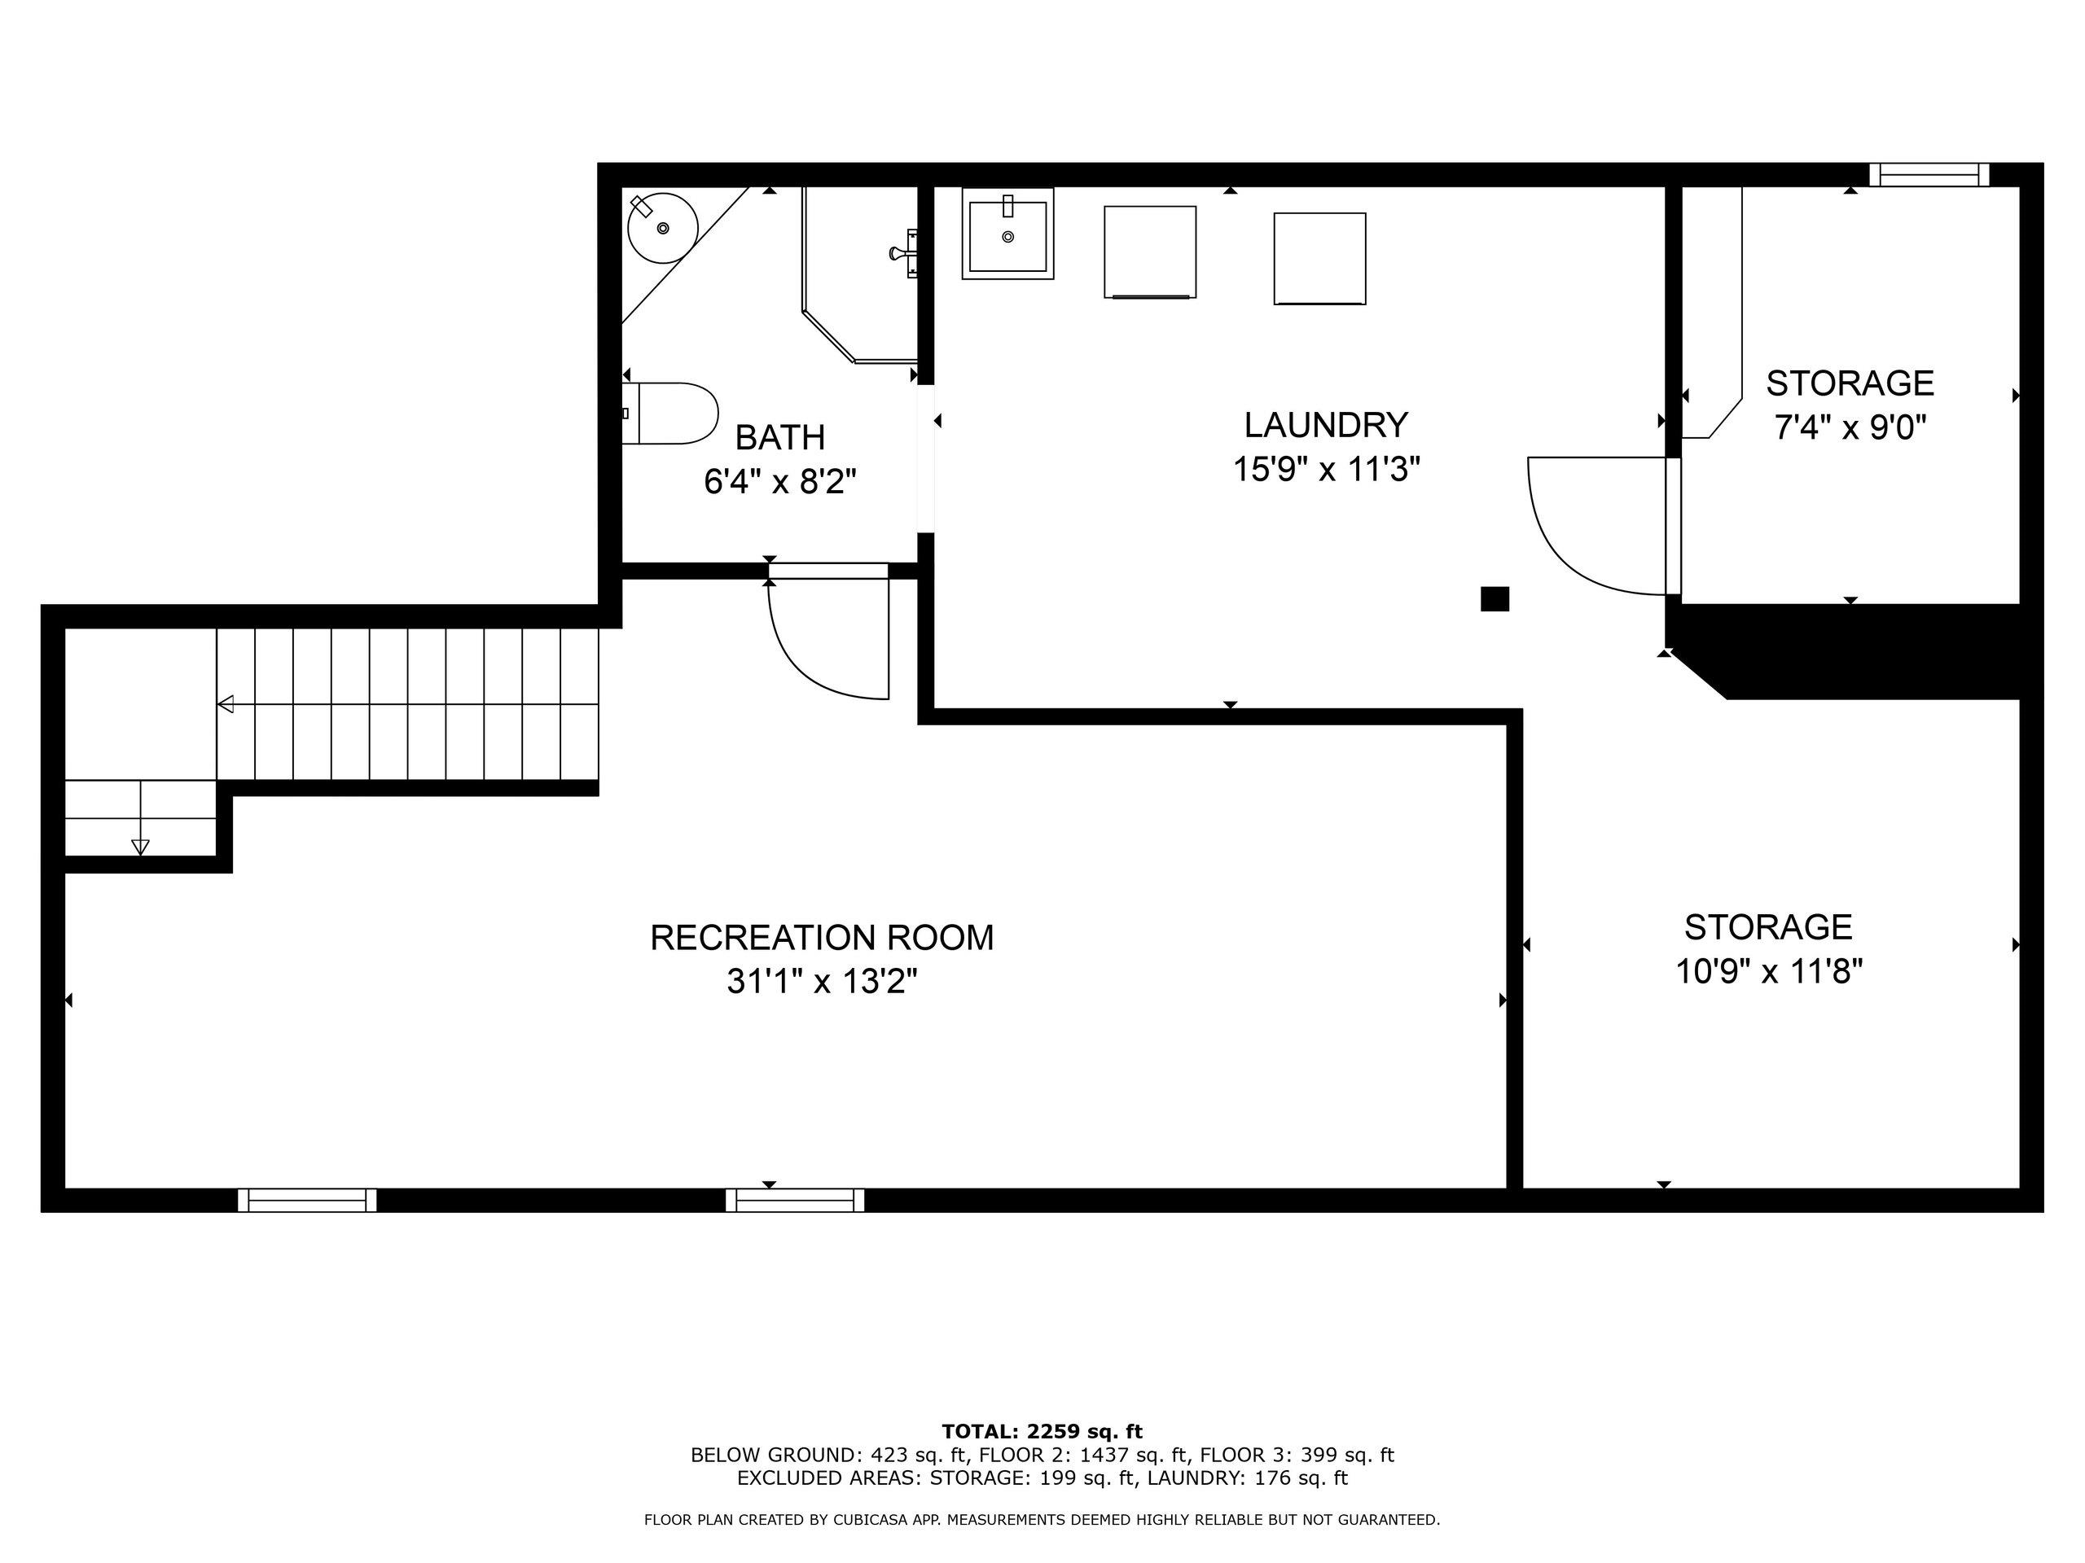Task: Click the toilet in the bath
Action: click(671, 413)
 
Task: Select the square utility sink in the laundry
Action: click(1007, 234)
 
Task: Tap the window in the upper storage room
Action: click(1929, 174)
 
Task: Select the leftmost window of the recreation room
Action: click(306, 1199)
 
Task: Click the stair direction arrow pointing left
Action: click(227, 704)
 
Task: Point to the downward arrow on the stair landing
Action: click(140, 846)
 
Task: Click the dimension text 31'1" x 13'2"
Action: click(822, 983)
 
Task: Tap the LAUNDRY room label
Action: click(1325, 425)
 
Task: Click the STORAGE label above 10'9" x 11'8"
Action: click(1768, 927)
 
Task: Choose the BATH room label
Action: click(779, 437)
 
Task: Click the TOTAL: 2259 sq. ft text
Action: click(1042, 1432)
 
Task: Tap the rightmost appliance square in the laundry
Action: click(1319, 258)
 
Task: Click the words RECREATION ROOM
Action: click(822, 938)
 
